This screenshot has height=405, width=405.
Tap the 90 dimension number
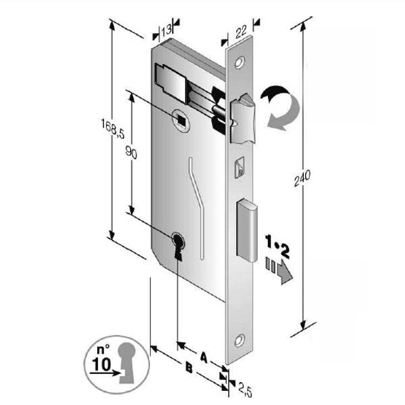tap(132, 155)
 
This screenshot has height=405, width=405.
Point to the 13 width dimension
tap(165, 30)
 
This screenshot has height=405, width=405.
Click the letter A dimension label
tap(202, 354)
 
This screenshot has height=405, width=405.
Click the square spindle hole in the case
tap(182, 119)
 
